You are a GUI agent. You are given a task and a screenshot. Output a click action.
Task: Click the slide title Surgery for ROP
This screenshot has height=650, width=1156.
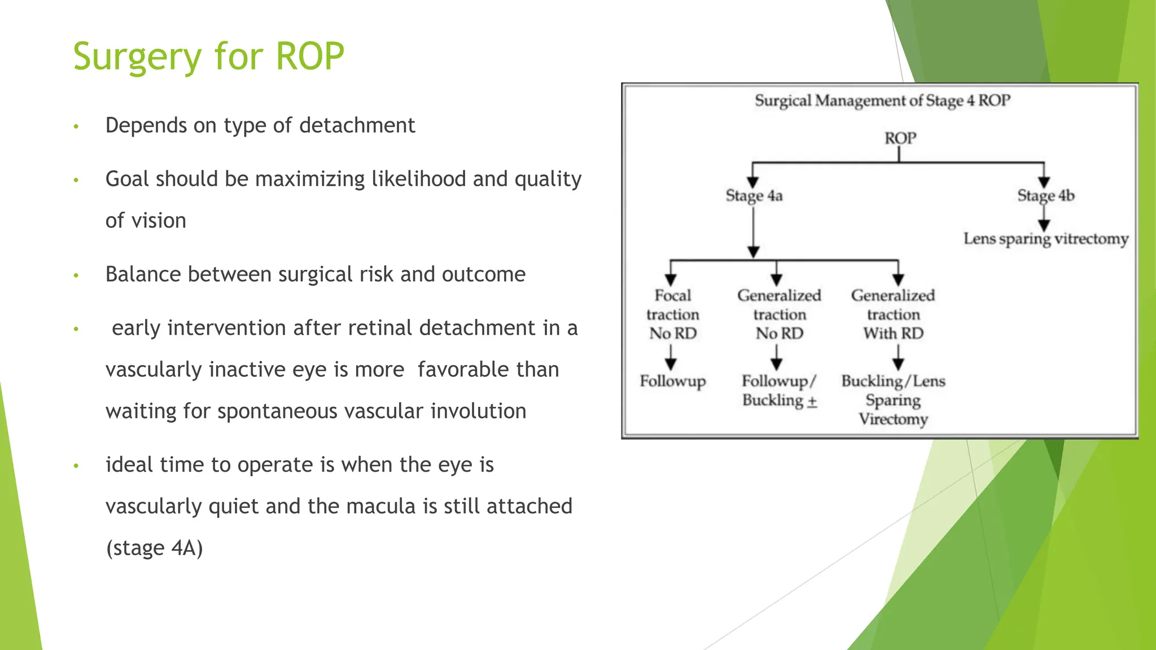click(x=208, y=56)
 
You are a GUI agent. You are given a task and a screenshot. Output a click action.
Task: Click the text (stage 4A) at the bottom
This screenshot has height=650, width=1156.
click(x=154, y=548)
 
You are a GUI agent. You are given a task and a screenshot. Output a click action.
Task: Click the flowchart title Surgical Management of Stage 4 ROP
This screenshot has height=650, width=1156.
click(x=882, y=101)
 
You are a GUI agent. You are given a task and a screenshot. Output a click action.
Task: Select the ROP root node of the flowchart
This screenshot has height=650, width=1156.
click(x=900, y=138)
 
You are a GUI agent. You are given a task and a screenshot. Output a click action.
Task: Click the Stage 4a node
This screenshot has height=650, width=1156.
click(x=754, y=196)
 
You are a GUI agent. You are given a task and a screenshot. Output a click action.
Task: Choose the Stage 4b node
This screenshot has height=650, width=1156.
click(x=1045, y=196)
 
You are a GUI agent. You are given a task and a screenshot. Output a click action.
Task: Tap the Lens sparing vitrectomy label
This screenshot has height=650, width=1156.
click(x=1045, y=239)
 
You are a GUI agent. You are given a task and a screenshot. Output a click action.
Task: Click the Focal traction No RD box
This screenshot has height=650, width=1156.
click(x=672, y=314)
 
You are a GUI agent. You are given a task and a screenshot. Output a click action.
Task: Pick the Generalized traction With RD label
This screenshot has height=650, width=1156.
click(x=893, y=314)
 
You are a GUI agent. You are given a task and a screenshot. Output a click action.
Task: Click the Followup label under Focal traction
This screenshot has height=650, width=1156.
click(x=672, y=381)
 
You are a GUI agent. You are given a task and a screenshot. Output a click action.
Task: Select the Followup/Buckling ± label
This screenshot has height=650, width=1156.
click(x=779, y=390)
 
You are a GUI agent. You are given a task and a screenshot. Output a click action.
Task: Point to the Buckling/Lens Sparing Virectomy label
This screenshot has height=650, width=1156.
click(x=893, y=399)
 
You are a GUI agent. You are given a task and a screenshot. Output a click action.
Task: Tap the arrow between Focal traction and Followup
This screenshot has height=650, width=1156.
click(x=671, y=357)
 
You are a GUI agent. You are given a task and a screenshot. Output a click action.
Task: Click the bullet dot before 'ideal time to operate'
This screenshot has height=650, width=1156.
click(x=76, y=466)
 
